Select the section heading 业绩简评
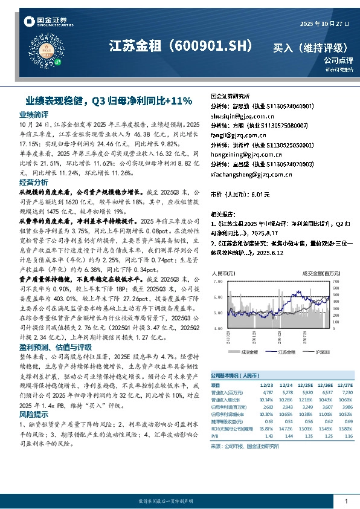(34, 114)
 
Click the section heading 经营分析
(34, 182)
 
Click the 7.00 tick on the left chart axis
(219, 282)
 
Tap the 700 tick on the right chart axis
(336, 282)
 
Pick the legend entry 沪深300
(320, 351)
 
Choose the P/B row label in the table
(216, 435)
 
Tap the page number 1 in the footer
(346, 501)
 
